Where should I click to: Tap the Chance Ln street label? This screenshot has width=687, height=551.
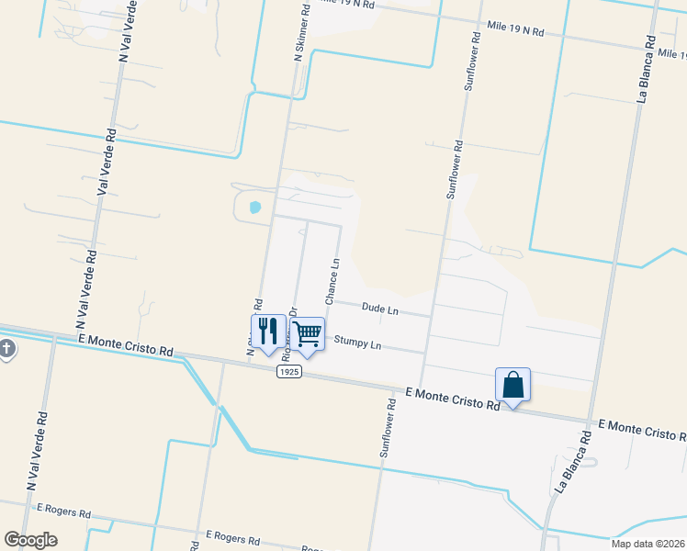[x=332, y=282]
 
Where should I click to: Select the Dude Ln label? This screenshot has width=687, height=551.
[x=379, y=310]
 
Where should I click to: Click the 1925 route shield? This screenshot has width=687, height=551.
[x=289, y=371]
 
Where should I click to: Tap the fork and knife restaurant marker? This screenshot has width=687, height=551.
[x=267, y=332]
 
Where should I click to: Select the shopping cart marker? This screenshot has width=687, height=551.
[x=308, y=335]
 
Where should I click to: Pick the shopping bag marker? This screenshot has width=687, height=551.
[x=512, y=386]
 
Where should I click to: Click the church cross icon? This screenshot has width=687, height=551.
[x=6, y=349]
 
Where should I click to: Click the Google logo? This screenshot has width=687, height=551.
[x=30, y=540]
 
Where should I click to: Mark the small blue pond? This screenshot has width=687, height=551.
[x=254, y=208]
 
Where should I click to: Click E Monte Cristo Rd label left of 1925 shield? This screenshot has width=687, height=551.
[x=126, y=344]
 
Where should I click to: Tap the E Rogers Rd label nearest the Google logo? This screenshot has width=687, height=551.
[x=64, y=510]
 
